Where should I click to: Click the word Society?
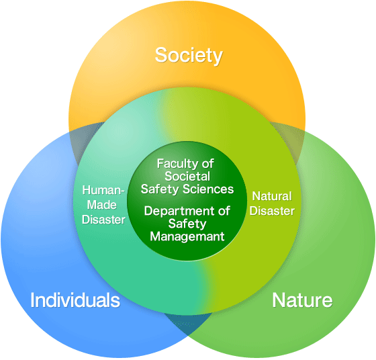(189, 56)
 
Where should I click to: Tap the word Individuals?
(75, 300)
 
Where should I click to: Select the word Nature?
(302, 300)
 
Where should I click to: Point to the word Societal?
(187, 177)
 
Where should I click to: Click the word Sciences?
(208, 189)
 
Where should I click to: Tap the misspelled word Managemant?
(187, 236)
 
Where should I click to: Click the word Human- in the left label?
(103, 190)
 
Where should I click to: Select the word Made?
(101, 205)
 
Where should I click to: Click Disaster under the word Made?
(103, 220)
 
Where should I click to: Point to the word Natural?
(272, 196)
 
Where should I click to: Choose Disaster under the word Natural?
(272, 211)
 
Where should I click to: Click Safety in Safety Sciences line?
(160, 189)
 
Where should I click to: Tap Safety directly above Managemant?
(187, 224)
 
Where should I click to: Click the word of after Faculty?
(207, 164)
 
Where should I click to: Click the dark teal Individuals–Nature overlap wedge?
(188, 322)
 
